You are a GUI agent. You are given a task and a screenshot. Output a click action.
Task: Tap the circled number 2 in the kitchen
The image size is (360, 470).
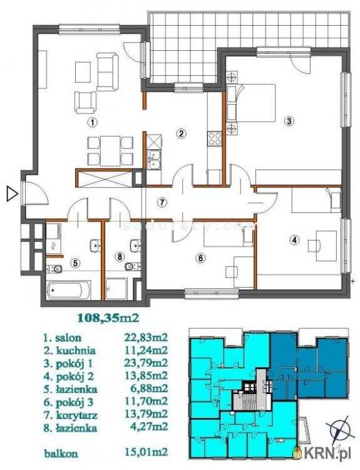pos(180,133)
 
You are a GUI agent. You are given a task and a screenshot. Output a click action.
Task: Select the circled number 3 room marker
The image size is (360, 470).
pos(289,122)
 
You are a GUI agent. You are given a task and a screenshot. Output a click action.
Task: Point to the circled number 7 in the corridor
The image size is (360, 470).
pos(162,202)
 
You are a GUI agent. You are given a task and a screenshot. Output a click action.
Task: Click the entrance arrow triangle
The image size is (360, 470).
pos(12,194)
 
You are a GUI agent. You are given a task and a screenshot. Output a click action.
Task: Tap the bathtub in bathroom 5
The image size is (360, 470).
pos(69,290)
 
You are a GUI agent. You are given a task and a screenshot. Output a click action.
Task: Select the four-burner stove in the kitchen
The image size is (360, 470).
pos(215,139)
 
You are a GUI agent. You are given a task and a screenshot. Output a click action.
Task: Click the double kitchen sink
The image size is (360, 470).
pos(154,159)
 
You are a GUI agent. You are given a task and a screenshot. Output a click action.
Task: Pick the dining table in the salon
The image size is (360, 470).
pos(111,151)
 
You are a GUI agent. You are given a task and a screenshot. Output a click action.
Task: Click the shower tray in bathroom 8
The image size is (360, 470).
pos(116,289)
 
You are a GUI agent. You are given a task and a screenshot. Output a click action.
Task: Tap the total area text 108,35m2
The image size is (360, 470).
pos(108,318)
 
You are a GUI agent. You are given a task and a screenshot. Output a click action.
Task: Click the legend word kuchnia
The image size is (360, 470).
pos(75,350)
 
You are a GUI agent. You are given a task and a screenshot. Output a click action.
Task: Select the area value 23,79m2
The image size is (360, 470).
pos(145,363)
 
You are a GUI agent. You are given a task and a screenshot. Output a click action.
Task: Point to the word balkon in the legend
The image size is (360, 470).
pos(61,453)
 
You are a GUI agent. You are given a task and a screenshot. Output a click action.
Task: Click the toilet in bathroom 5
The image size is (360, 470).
pos(55,269)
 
